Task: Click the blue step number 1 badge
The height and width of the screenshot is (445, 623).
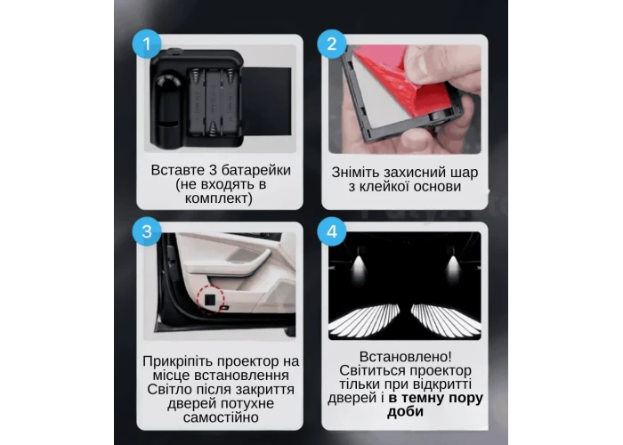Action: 147,44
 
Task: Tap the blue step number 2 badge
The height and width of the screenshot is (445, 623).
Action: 332,44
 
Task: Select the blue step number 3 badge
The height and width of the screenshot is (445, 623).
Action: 147,231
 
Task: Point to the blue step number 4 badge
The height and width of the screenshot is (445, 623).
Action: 332,231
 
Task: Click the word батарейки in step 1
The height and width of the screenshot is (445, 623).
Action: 256,171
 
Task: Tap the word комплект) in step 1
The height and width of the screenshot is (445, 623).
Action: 219,198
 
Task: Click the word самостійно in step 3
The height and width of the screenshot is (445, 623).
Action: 221,417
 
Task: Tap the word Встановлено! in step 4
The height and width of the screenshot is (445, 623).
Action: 406,356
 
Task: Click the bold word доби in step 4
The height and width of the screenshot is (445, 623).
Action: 405,412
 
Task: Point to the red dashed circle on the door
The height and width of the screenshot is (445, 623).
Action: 210,299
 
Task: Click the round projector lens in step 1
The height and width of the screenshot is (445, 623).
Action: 166,85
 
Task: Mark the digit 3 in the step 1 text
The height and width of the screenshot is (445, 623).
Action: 213,171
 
